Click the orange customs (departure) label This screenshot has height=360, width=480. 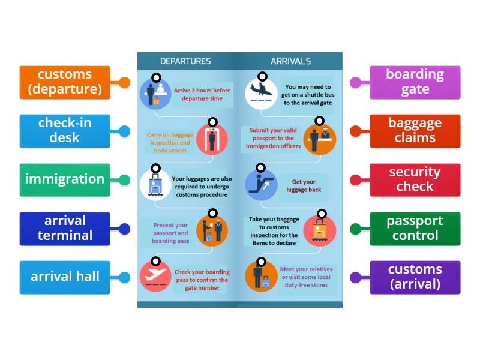click(65, 82)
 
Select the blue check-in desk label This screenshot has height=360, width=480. click(65, 131)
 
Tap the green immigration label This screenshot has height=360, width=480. click(65, 179)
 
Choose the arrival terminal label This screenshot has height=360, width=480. click(65, 228)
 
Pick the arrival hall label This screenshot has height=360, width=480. click(65, 277)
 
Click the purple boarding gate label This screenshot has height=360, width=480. click(415, 82)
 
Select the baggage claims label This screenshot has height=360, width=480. click(415, 131)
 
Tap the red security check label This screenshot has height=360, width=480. click(415, 179)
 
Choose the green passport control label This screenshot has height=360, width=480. click(415, 228)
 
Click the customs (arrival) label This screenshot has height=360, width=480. click(415, 277)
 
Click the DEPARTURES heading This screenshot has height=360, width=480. click(185, 61)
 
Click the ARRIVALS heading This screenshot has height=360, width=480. click(290, 61)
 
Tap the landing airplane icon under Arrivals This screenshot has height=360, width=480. click(262, 92)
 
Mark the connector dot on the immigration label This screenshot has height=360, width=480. click(124, 179)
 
